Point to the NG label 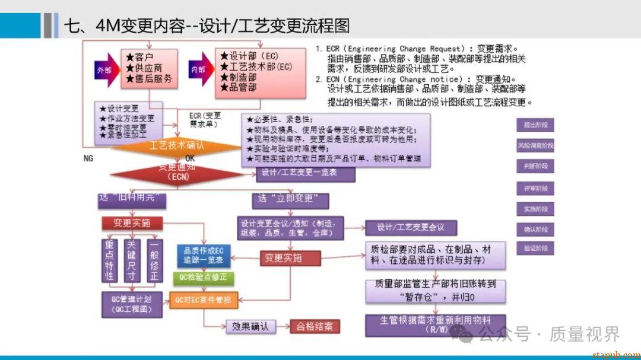pos(88,158)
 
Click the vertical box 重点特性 pos(110,261)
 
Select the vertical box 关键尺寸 pos(132,261)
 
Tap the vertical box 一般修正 pos(154,261)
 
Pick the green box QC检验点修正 pos(203,278)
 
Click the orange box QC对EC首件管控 pos(203,300)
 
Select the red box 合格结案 pos(315,326)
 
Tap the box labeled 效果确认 pos(250,326)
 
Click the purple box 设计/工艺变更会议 pos(410,228)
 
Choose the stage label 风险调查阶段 pos(535,146)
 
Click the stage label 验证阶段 pos(535,249)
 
